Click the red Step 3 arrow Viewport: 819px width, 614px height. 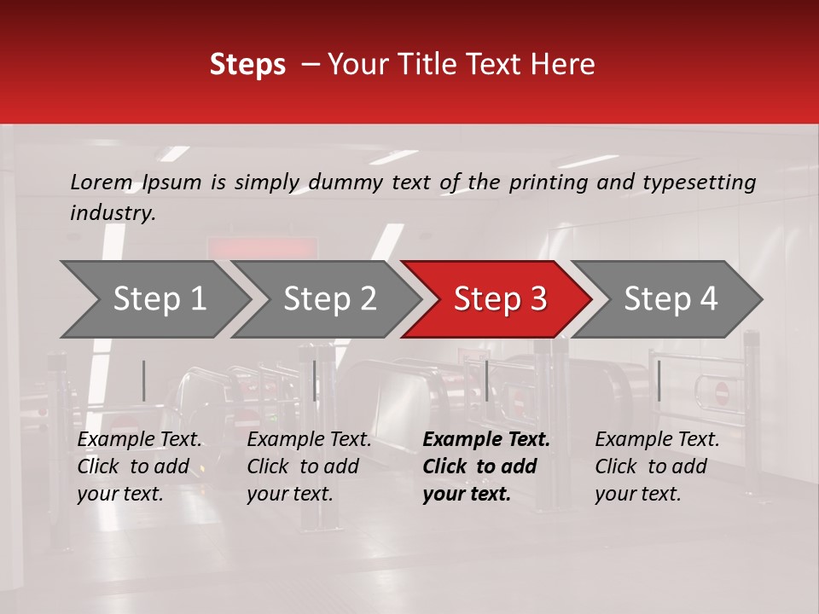pos(500,299)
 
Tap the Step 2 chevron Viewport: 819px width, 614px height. pos(329,299)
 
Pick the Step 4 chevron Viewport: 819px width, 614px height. pos(671,299)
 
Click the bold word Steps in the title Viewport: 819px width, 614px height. pos(247,65)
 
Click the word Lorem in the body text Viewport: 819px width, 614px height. pos(101,182)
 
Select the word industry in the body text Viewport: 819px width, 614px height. pos(111,213)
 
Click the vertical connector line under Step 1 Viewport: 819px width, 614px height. pos(143,380)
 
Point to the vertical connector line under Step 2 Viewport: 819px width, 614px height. pos(315,380)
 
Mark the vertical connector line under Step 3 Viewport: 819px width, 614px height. pos(486,380)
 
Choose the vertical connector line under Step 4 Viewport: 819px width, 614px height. pos(659,380)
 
